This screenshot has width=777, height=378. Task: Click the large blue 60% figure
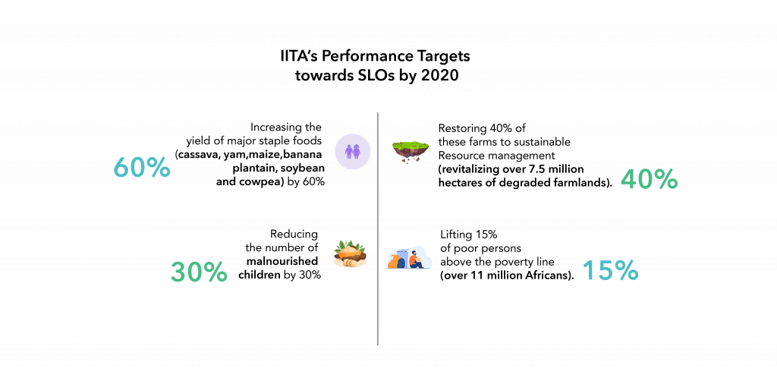click(142, 169)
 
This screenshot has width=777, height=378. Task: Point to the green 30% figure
click(199, 272)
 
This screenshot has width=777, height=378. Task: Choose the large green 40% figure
click(649, 179)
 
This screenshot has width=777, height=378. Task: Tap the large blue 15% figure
click(611, 271)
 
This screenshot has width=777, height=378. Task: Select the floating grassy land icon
click(410, 150)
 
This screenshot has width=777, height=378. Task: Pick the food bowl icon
click(350, 254)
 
